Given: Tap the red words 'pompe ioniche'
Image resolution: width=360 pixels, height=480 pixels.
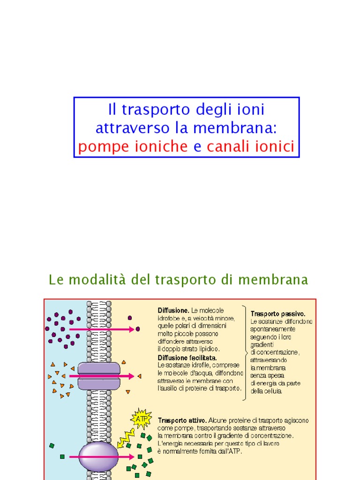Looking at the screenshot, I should pos(133,147).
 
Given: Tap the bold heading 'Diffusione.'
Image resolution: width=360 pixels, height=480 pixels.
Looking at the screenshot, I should pos(173,310).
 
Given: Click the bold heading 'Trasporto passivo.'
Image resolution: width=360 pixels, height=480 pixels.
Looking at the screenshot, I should pos(278,314).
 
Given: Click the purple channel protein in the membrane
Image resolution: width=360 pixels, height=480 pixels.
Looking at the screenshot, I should pos(98,376).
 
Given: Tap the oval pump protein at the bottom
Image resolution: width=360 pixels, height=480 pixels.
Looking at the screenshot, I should pos(98,456).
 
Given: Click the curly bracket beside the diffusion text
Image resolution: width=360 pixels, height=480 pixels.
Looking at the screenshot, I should pos(245,352).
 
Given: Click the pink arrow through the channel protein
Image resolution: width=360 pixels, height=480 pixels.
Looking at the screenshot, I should pos(101,376).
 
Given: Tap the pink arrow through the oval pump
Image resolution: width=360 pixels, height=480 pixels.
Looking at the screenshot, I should pos(101,456).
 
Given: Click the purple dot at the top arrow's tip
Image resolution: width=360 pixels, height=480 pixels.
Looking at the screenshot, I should pos(138,329).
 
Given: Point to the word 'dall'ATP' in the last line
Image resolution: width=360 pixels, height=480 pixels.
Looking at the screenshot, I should pos(229,451).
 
